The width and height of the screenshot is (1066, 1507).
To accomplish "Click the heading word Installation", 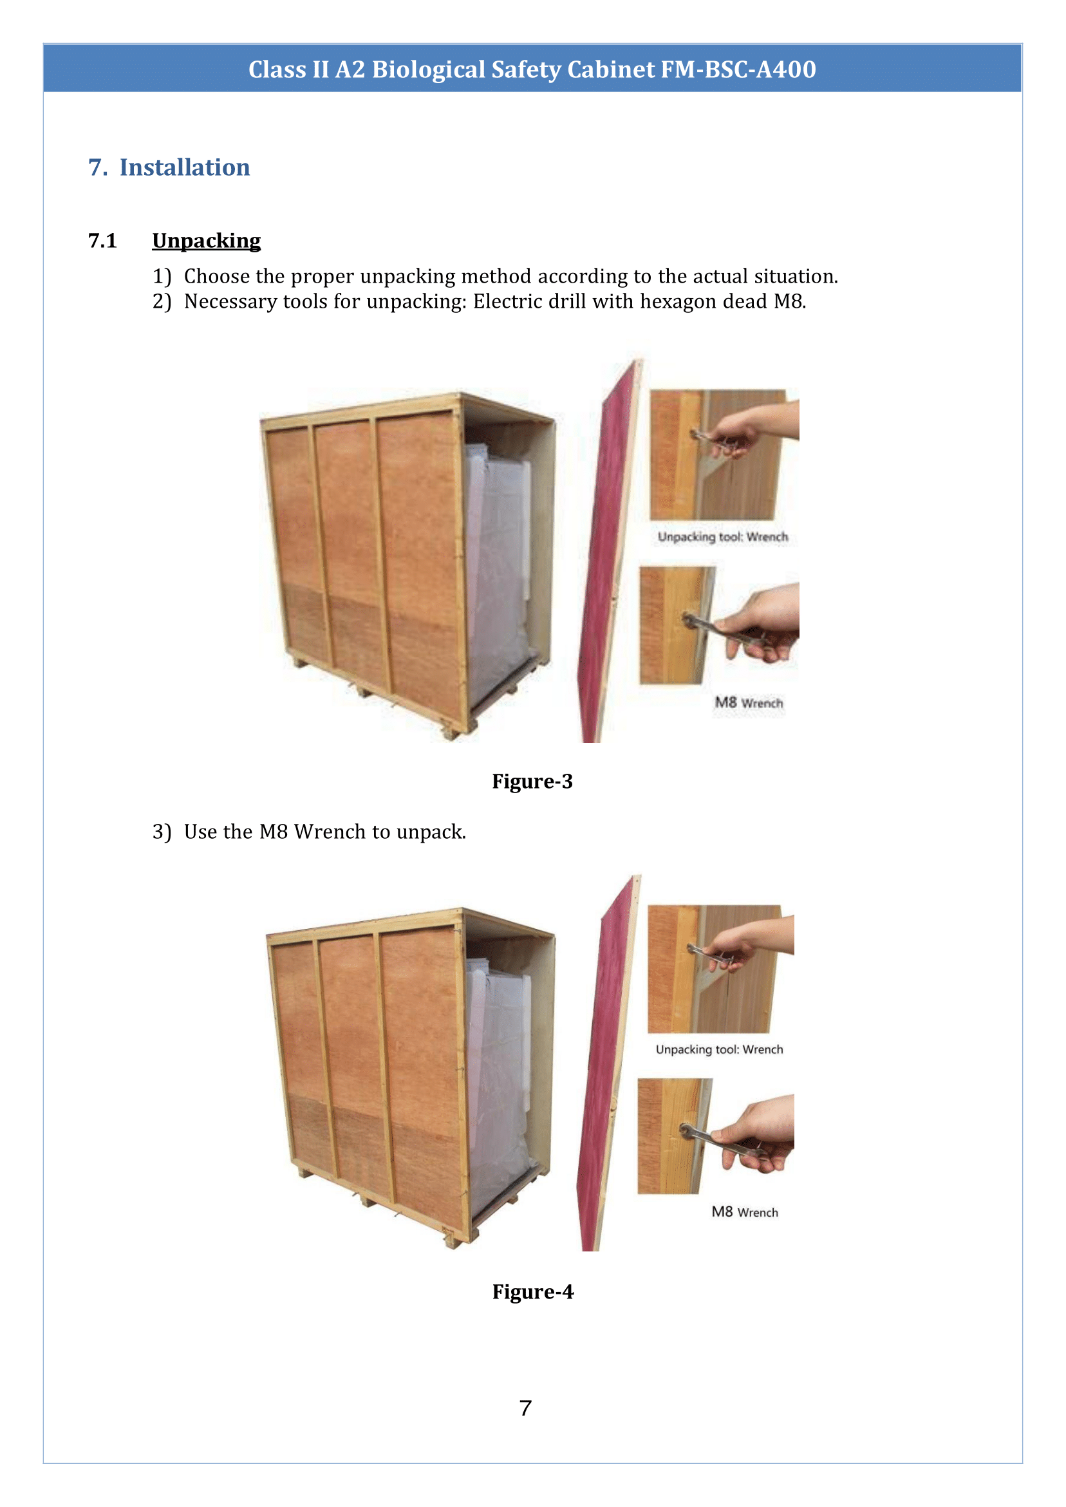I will tap(185, 167).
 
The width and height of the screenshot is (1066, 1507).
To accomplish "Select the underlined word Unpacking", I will tap(206, 241).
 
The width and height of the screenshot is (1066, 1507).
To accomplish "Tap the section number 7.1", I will tap(102, 241).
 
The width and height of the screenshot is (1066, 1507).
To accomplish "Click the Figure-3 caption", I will tap(532, 781).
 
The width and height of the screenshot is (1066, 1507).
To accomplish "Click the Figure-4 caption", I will tap(532, 1292).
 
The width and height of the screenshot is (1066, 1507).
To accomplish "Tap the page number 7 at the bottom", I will tap(525, 1409).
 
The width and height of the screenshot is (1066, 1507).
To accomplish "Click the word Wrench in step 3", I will tap(330, 832).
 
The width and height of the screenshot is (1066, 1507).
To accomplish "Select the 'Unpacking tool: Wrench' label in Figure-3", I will tap(723, 538).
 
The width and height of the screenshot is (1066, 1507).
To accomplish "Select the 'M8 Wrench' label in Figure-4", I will tap(745, 1212).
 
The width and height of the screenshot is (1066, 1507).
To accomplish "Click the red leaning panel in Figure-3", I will tap(604, 558).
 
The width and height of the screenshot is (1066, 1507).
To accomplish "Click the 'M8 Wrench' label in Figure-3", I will tap(749, 703).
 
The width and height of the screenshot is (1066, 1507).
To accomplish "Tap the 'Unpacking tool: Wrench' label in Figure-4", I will tap(720, 1049).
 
